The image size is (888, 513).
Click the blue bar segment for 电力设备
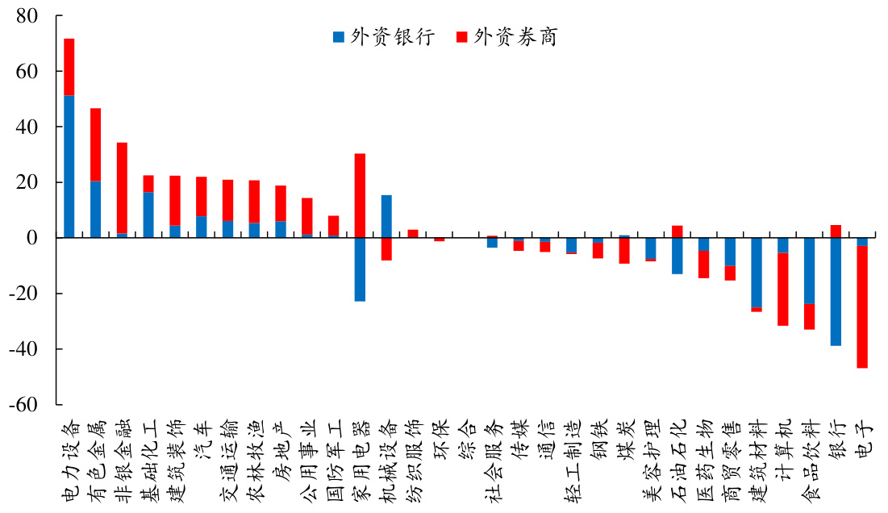69,166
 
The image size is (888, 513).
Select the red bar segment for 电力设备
69,67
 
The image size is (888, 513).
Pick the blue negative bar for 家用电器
360,269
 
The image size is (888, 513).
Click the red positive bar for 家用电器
360,195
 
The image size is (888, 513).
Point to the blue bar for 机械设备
386,216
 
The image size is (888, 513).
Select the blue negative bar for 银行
836,291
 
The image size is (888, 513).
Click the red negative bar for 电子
862,307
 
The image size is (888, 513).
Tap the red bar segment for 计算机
783,290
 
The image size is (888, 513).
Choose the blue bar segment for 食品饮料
809,271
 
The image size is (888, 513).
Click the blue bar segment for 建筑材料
757,273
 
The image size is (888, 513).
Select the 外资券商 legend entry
507,37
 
